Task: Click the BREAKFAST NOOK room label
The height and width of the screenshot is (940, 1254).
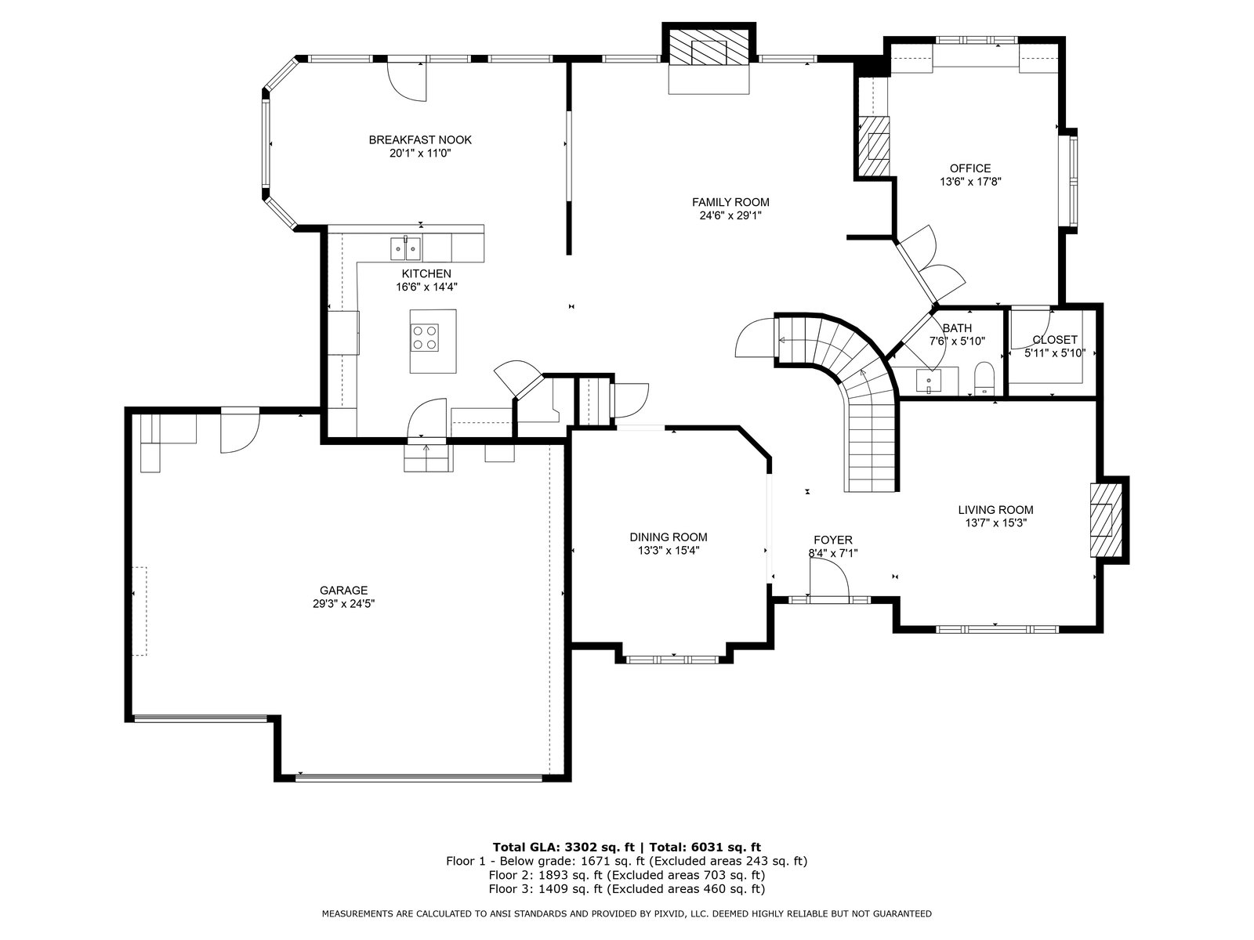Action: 420,140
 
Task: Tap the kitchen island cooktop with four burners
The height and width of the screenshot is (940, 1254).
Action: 425,337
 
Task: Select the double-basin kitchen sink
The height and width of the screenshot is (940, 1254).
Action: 406,249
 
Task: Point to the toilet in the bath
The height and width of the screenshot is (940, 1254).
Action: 984,378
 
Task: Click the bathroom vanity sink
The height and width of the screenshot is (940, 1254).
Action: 929,381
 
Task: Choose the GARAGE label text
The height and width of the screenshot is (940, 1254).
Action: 343,590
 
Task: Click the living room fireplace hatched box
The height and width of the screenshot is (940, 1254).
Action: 1101,520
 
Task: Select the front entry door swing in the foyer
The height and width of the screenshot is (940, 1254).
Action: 829,577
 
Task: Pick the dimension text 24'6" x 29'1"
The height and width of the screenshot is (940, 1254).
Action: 730,215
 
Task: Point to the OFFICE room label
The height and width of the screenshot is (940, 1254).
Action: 970,168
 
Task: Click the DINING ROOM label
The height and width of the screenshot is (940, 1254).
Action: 669,537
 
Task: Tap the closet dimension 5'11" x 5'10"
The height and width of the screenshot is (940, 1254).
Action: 1055,353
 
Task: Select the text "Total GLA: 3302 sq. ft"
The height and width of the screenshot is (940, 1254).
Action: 564,847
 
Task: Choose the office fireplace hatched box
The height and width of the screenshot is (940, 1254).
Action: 874,146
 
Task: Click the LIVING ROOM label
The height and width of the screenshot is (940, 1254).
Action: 996,510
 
